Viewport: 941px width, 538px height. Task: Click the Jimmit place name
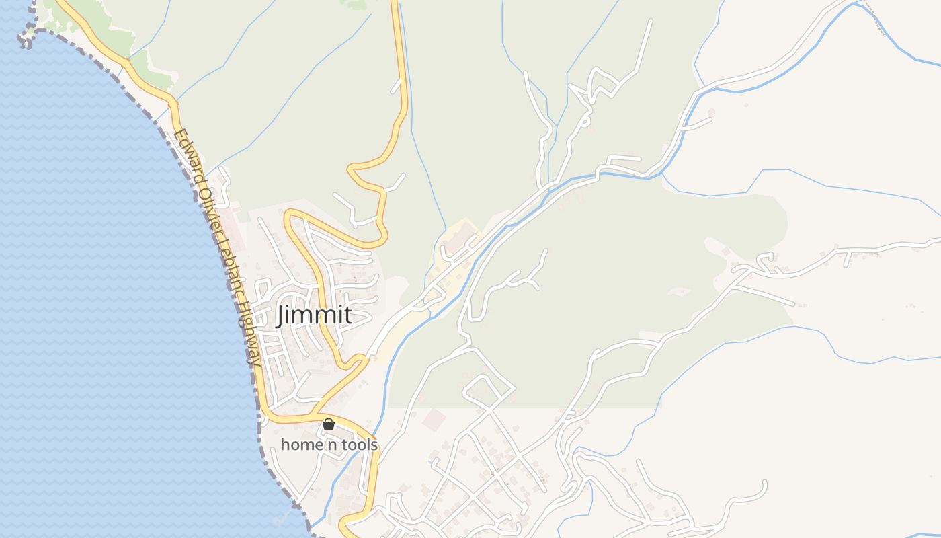click(314, 315)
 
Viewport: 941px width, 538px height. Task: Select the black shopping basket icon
click(329, 424)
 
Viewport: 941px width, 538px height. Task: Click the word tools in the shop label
click(359, 445)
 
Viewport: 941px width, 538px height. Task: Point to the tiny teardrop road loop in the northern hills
click(585, 121)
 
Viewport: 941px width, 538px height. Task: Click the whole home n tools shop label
click(329, 445)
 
